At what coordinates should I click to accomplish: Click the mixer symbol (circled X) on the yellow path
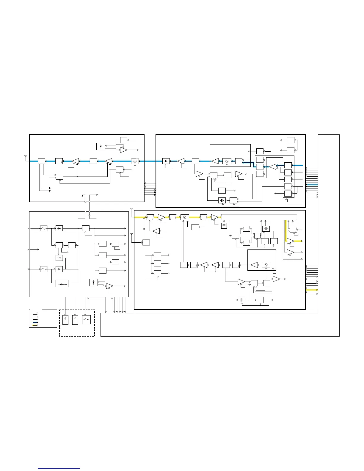tap(185, 217)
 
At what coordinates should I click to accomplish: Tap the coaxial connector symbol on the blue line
tap(135, 161)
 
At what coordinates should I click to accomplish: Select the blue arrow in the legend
tap(35, 322)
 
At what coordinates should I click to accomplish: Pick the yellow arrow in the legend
tap(35, 325)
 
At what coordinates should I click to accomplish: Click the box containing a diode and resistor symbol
tap(62, 284)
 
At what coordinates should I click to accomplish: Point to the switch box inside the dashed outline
tap(86, 320)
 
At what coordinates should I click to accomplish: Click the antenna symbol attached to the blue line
tap(26, 156)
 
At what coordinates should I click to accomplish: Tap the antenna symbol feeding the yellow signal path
tap(131, 209)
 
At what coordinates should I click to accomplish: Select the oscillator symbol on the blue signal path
tap(227, 161)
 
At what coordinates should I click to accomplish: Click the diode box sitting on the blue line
tap(166, 161)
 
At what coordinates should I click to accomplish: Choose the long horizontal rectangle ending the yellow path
tap(259, 217)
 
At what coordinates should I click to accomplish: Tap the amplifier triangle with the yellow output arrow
tap(291, 241)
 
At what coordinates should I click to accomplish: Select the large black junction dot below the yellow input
tap(144, 229)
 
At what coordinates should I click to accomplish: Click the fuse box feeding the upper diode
tap(44, 229)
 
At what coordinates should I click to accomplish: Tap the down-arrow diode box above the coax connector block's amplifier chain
tap(101, 146)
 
